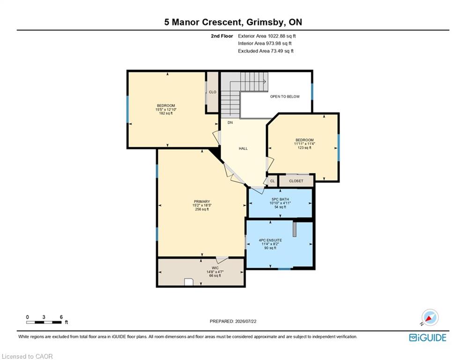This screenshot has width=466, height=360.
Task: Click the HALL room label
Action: tap(243, 149)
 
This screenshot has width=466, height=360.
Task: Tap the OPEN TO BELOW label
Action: tap(285, 97)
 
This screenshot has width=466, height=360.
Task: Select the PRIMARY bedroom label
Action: tap(202, 202)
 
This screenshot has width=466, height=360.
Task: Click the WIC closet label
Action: tap(215, 268)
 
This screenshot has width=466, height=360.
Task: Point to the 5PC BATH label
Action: tap(280, 199)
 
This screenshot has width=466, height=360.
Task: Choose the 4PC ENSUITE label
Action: tap(270, 240)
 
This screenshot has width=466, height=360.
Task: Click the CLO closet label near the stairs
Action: tap(213, 92)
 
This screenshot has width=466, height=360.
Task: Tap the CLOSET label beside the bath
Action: tap(296, 181)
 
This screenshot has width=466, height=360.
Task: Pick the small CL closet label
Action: tap(273, 181)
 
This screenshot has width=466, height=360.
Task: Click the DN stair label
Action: tap(230, 123)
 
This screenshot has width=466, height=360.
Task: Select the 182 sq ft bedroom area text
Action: tap(166, 113)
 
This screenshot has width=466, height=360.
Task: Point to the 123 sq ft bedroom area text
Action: tap(304, 148)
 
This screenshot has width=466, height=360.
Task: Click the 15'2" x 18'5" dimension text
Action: tap(202, 205)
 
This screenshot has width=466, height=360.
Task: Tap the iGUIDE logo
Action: tap(428, 337)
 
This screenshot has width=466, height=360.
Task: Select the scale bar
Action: tap(44, 322)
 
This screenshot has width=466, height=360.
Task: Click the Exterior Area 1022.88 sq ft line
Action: tap(267, 36)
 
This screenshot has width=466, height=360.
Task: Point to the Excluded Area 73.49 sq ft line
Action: tap(266, 51)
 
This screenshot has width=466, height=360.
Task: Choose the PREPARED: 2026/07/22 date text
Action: tap(233, 321)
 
